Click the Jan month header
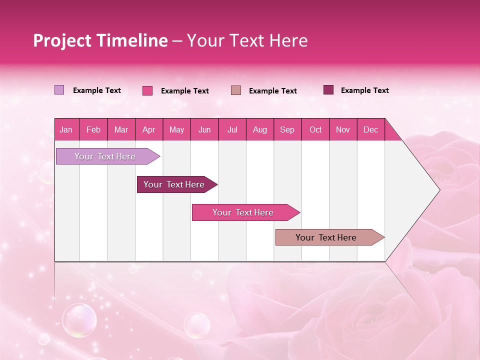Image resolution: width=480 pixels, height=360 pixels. coord(66,130)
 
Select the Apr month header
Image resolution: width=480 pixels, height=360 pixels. coord(148,130)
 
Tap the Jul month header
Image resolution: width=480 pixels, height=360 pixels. coord(232,130)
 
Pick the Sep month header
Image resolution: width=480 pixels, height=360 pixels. coord(287,130)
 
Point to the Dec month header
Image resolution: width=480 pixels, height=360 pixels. coord(370,130)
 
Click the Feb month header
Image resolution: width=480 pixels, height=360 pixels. coord(93,130)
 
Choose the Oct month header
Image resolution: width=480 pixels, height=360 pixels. coord(315,130)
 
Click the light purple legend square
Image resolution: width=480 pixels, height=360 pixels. coord(59,90)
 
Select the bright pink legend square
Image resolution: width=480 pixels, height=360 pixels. coord(147,90)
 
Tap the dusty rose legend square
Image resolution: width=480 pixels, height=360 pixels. coord(236,90)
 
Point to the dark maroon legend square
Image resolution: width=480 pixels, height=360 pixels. coord(328,89)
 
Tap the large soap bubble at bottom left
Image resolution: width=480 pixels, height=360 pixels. coord(79,320)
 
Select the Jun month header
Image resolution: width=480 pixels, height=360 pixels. coord(204,130)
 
